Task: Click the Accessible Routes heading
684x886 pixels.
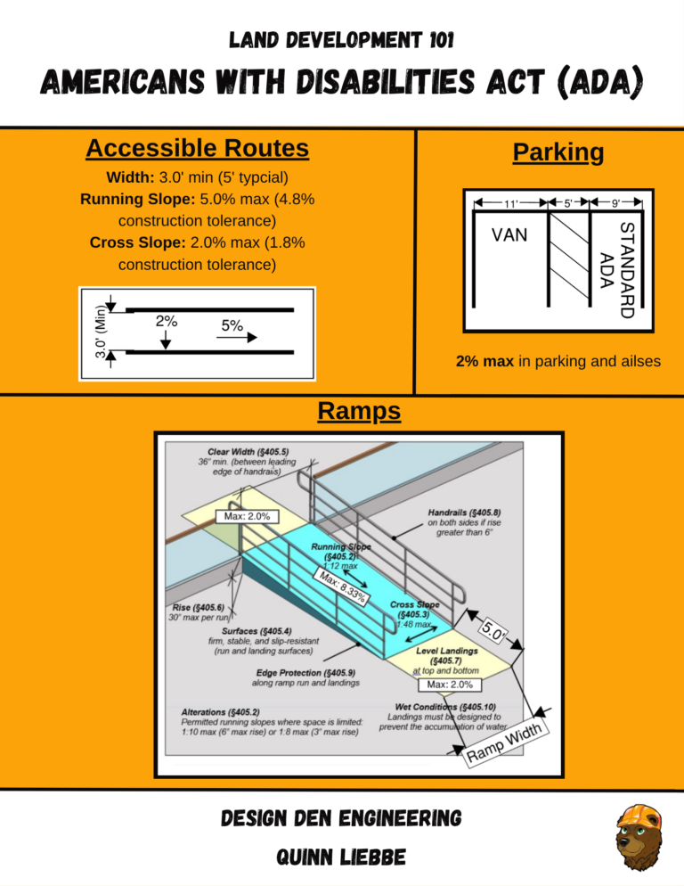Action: [198, 148]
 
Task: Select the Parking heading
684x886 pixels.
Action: [558, 152]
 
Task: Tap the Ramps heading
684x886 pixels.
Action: [358, 411]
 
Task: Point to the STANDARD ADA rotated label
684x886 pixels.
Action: [616, 269]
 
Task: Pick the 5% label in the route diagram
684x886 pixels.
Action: [232, 326]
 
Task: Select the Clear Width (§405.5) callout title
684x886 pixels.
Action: [242, 451]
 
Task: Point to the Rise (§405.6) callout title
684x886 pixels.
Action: [200, 606]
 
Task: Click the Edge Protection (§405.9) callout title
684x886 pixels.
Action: [298, 673]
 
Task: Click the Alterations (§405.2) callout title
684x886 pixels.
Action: [221, 712]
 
